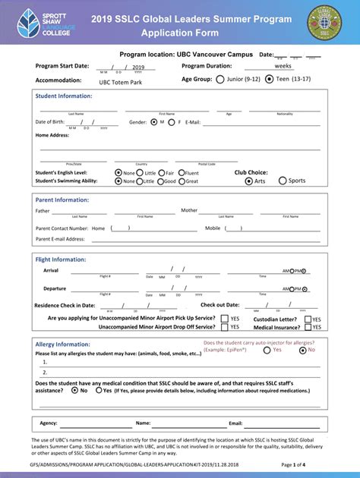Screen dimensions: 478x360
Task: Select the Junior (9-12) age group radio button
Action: point(220,79)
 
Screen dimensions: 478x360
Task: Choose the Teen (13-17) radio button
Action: point(270,79)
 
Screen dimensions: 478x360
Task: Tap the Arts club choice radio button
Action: point(248,181)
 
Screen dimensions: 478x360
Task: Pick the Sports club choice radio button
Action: point(283,181)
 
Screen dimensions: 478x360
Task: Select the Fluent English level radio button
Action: point(180,173)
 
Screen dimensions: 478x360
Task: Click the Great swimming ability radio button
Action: point(180,181)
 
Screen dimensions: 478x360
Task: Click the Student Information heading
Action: point(64,96)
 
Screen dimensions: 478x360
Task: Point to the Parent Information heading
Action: point(62,200)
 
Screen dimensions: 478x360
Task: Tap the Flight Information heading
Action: point(61,259)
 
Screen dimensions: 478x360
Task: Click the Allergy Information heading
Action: point(63,344)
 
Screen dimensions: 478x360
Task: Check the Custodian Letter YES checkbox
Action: point(308,319)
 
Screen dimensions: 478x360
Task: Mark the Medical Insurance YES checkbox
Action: point(308,327)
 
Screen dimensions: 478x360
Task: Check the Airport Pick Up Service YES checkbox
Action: point(224,319)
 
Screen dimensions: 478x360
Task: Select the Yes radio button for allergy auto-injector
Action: point(267,350)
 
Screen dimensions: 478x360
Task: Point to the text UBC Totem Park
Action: point(120,82)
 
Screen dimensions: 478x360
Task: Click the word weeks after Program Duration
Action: point(283,66)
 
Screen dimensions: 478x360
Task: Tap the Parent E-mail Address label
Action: point(60,239)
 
